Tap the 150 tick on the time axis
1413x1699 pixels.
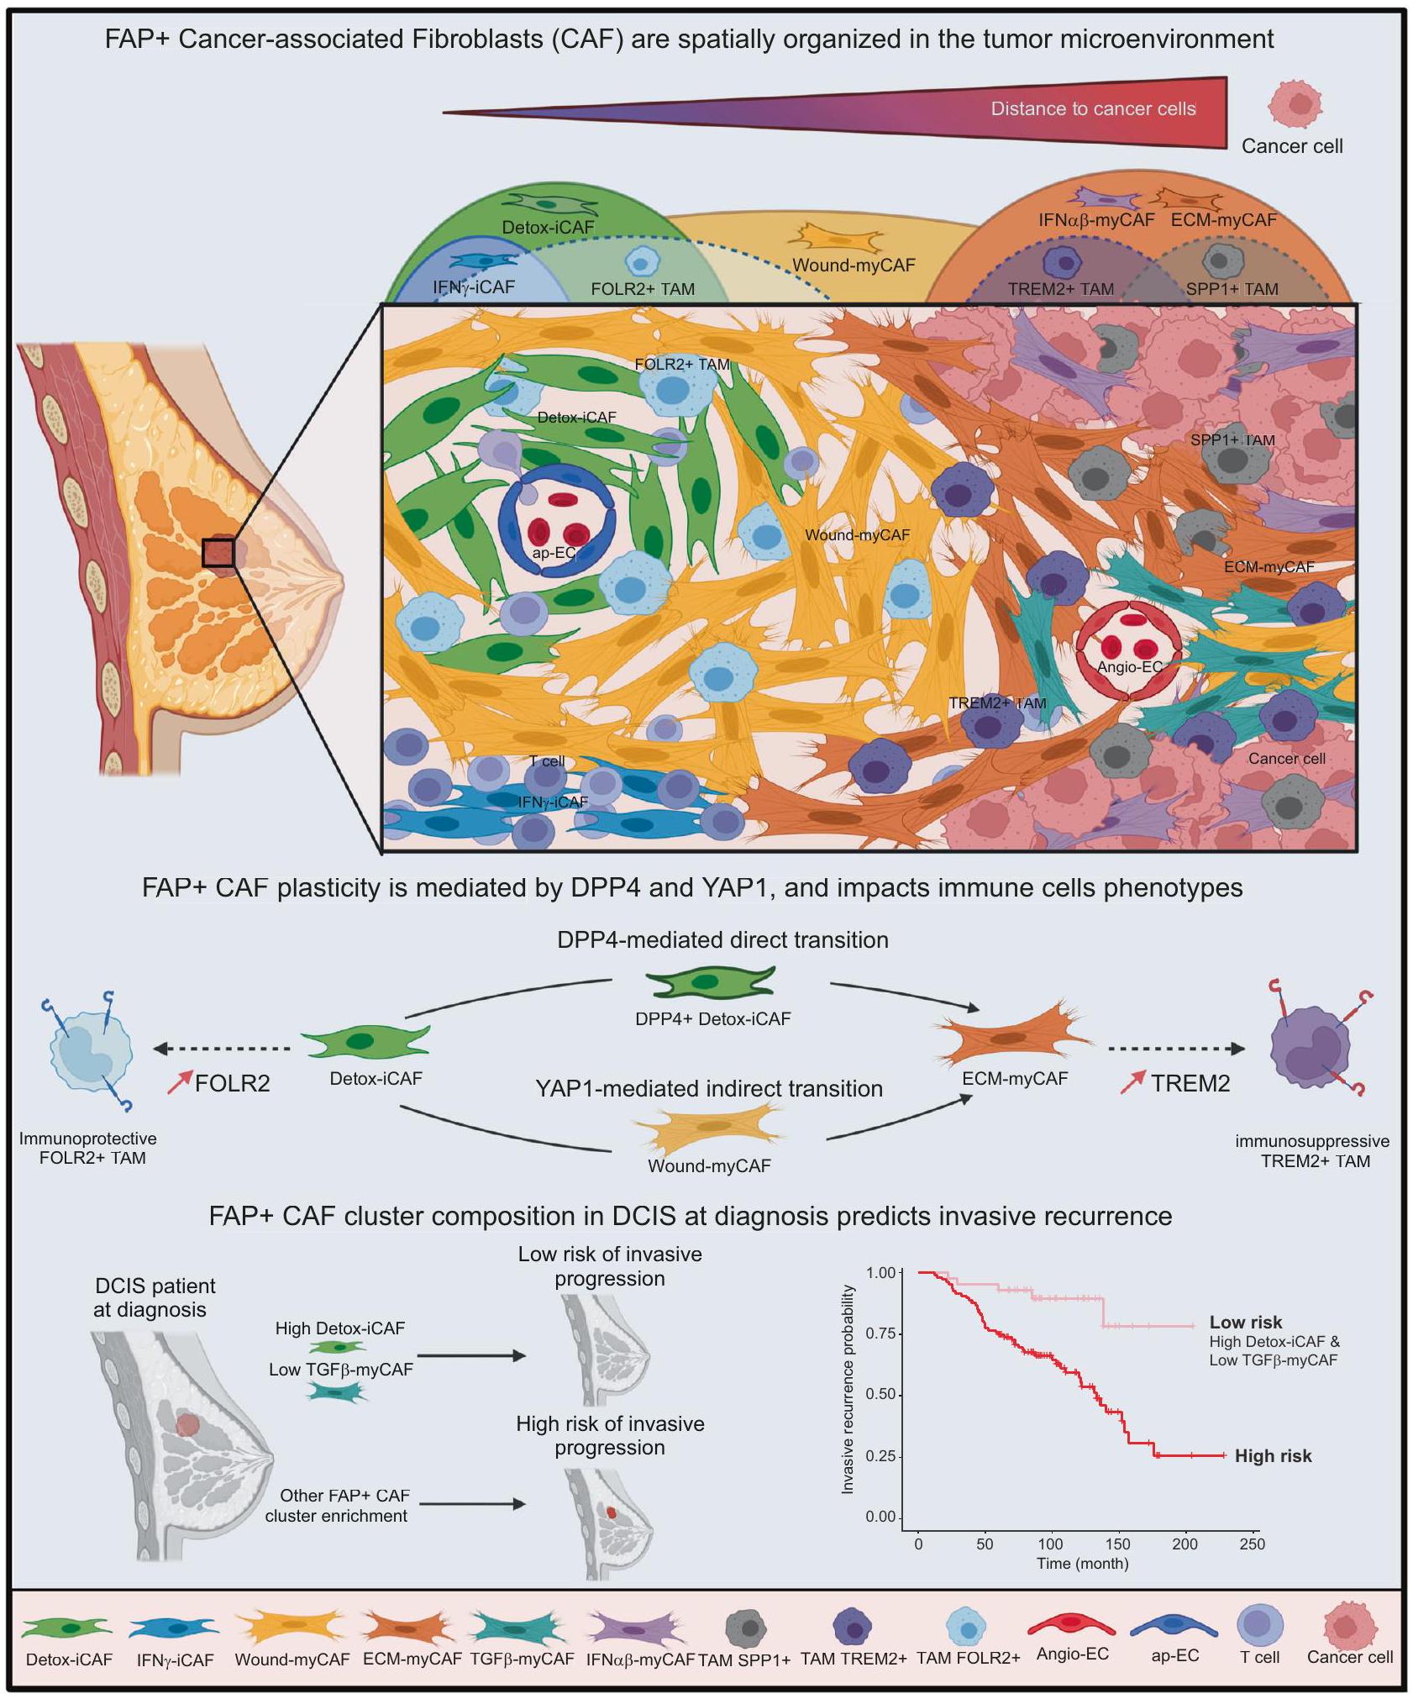[x=1117, y=1544]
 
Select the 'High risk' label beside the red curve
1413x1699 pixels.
[x=1273, y=1456]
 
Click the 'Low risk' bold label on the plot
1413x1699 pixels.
[x=1245, y=1323]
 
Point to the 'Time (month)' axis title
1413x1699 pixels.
[x=1082, y=1564]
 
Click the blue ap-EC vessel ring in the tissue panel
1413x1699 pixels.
[x=557, y=520]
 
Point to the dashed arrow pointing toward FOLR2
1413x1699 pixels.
[x=222, y=1049]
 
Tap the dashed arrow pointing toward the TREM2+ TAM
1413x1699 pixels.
[x=1176, y=1049]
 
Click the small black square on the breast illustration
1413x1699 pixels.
[x=218, y=553]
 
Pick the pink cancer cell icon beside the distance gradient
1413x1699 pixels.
[x=1295, y=106]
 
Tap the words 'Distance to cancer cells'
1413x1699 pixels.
[x=1093, y=108]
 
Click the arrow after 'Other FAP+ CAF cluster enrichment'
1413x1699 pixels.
[x=471, y=1504]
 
